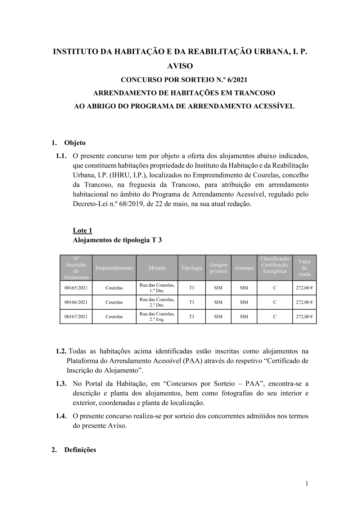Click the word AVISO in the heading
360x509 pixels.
180,66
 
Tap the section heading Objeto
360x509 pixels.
75,143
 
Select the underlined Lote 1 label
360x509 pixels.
82,230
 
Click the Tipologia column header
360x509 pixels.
192,268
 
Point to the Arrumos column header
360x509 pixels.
244,268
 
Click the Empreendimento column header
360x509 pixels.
114,268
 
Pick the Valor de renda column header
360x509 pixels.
304,268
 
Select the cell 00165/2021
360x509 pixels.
76,288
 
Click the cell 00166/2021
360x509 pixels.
76,302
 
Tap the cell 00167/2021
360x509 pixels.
76,317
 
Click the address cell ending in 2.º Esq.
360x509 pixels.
157,317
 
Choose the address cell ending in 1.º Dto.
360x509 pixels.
157,288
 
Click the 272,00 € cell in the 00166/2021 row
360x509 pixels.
304,302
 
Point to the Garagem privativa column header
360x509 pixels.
218,268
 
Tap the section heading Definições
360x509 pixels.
80,450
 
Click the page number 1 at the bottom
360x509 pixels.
307,483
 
